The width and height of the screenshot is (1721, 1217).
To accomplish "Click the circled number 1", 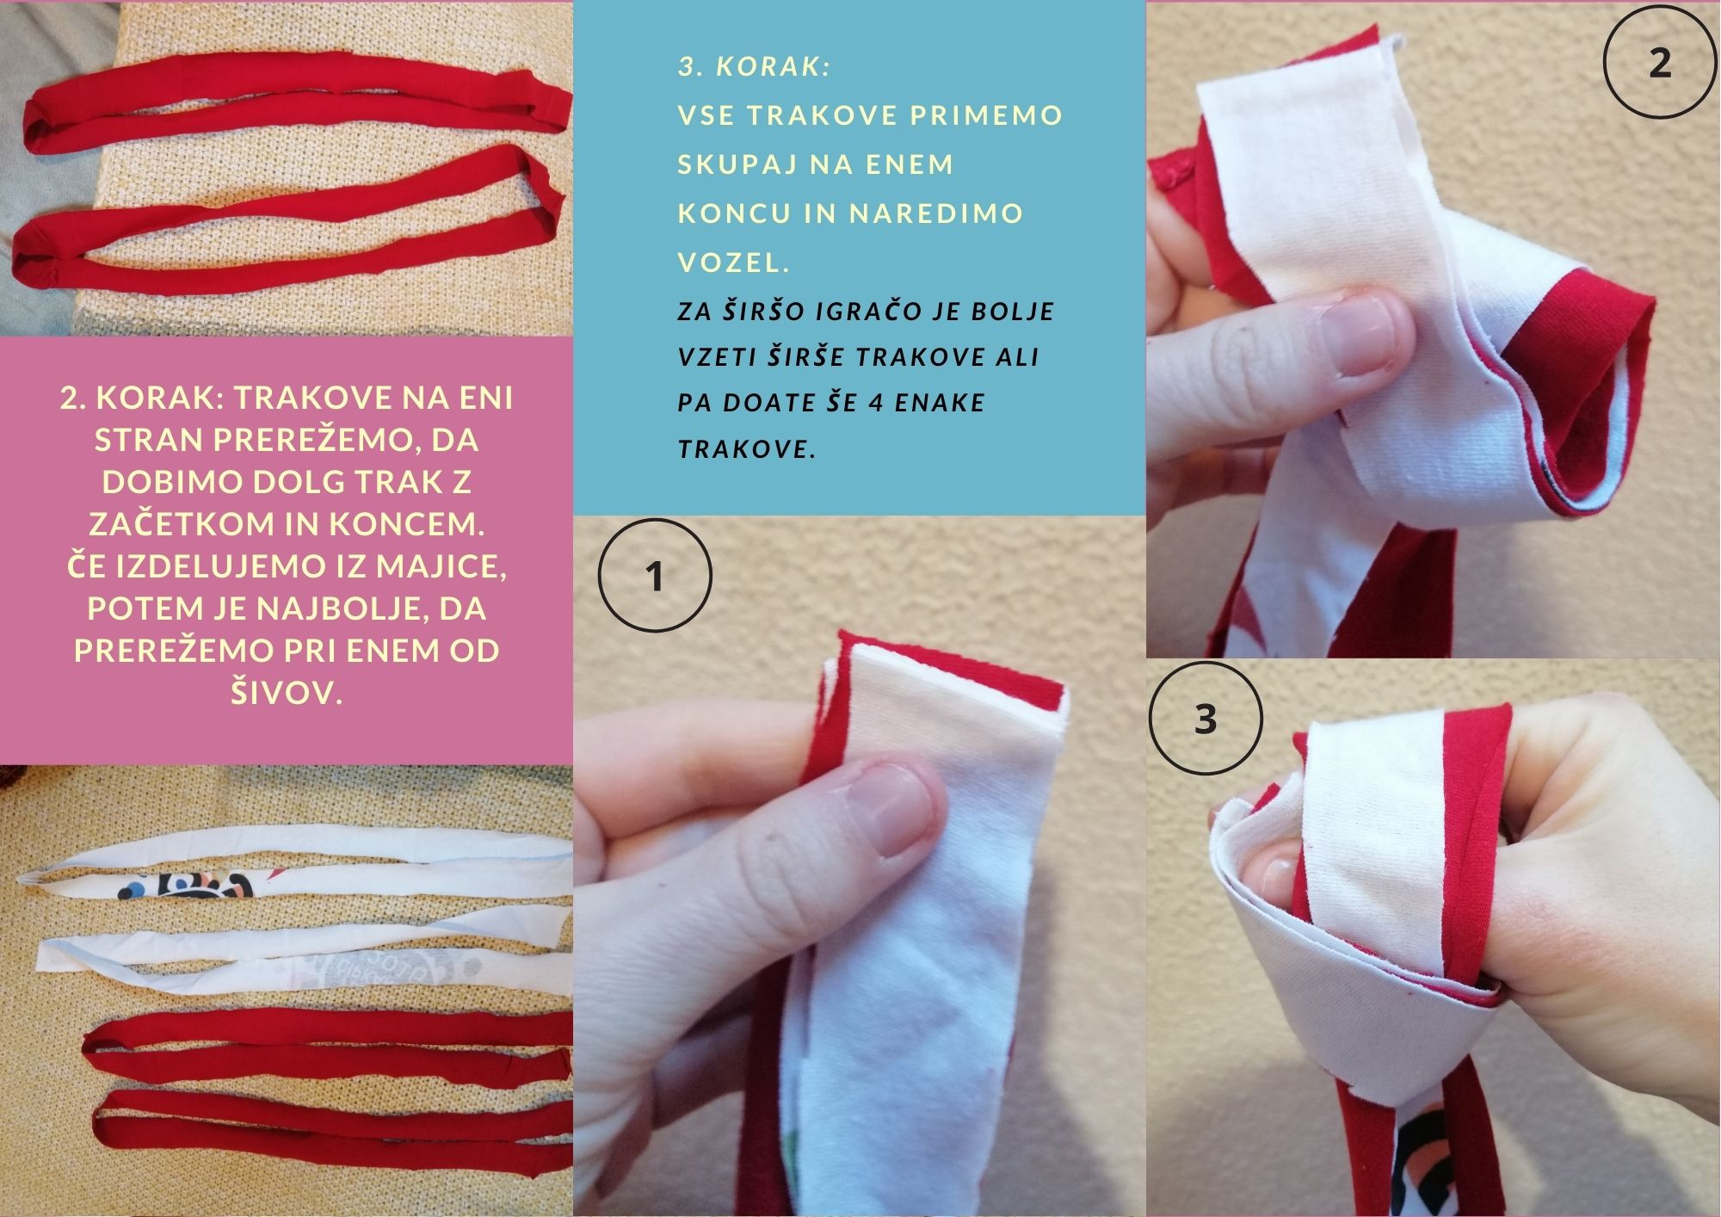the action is pos(655,576).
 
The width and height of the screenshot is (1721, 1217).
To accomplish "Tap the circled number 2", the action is pos(1661,62).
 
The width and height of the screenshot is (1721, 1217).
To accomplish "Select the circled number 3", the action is pos(1206,719).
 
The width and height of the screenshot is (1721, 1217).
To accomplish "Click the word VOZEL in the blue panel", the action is pos(733,262).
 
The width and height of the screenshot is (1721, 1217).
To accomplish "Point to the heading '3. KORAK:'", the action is pos(755,66).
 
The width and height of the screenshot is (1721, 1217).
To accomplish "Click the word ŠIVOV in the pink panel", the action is pos(287,692).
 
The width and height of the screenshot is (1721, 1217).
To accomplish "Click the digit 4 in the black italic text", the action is pos(876,403).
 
